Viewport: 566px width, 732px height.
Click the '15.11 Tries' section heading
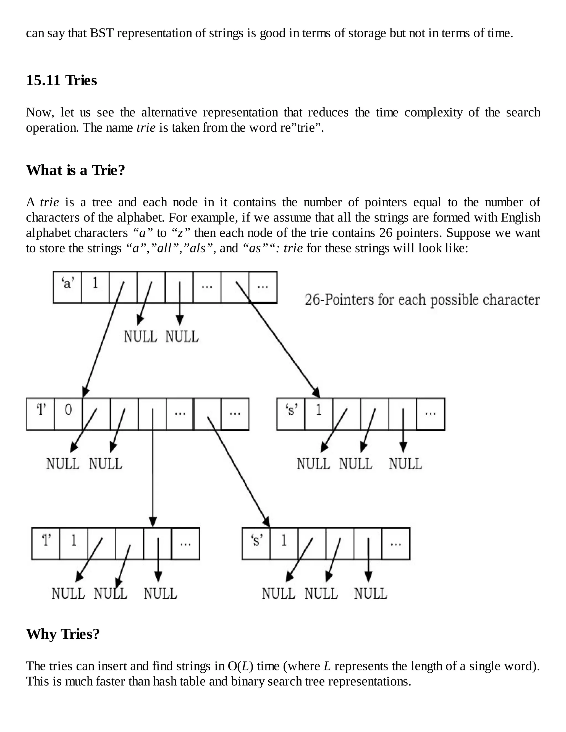tap(61, 81)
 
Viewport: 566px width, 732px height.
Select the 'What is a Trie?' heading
tap(75, 170)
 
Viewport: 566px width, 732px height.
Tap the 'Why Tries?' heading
tap(63, 634)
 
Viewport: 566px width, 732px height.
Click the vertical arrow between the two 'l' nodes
tap(153, 469)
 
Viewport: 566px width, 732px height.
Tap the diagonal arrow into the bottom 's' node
tap(238, 469)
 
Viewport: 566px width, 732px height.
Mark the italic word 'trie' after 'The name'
tap(146, 128)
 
